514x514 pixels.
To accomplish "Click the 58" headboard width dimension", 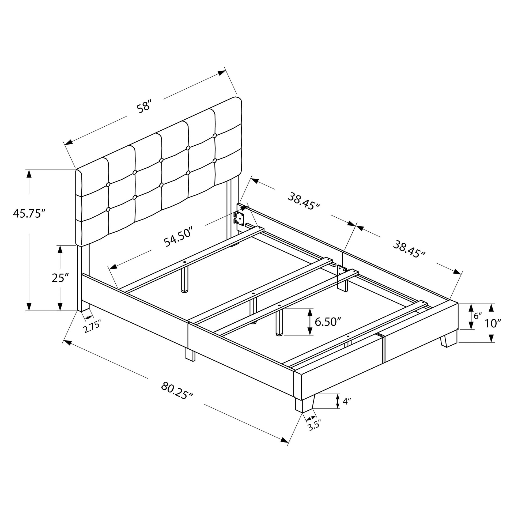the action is click(144, 106).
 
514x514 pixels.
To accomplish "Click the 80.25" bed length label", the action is click(177, 390).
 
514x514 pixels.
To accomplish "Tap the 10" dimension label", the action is click(493, 323).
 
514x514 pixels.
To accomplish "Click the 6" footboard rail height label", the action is click(478, 316).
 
